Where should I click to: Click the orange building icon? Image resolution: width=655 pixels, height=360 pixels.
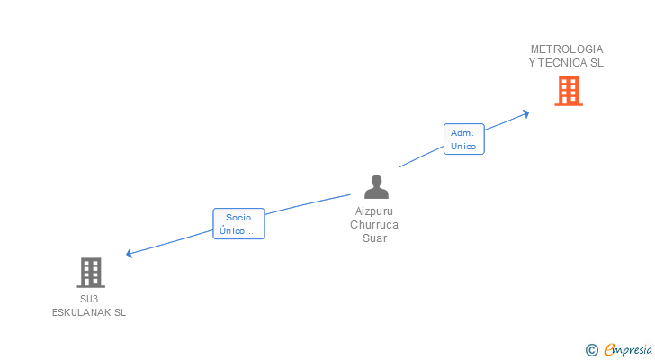click(568, 91)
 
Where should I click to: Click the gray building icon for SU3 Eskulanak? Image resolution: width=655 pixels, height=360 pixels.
click(90, 272)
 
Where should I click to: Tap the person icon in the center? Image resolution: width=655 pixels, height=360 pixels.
click(376, 186)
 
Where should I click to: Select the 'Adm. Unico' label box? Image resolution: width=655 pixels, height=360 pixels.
click(463, 139)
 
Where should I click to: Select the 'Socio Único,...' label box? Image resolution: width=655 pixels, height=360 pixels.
click(238, 223)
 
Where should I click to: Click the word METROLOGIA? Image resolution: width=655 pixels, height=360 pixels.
click(567, 49)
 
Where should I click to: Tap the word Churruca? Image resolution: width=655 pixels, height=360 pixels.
click(374, 225)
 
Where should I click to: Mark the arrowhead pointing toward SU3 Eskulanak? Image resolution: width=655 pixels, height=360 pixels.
click(130, 254)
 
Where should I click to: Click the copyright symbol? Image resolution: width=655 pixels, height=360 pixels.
click(592, 349)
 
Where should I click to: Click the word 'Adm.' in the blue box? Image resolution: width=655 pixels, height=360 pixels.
click(462, 133)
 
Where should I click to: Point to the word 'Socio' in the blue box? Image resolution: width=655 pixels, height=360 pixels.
click(238, 217)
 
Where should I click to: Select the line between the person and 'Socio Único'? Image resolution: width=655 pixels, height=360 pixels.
click(306, 204)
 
